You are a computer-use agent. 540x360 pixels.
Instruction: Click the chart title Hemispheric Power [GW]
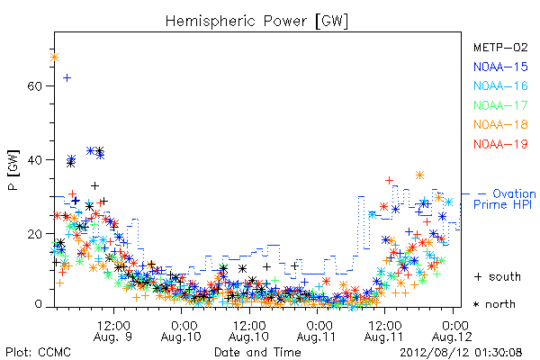pyautogui.click(x=256, y=22)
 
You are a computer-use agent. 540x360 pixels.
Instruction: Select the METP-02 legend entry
pyautogui.click(x=500, y=47)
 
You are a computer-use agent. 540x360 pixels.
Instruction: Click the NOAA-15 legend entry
pyautogui.click(x=500, y=67)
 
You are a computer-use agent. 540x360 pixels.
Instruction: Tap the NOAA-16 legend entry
pyautogui.click(x=500, y=85)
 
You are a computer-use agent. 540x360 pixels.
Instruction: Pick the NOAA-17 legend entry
pyautogui.click(x=500, y=105)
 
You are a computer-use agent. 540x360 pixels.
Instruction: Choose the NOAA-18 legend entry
pyautogui.click(x=500, y=124)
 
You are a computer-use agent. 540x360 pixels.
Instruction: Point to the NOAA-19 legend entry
pyautogui.click(x=500, y=144)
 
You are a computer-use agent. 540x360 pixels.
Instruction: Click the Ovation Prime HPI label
pyautogui.click(x=505, y=199)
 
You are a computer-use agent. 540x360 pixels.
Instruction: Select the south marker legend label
pyautogui.click(x=498, y=276)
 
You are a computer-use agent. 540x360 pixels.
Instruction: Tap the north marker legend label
pyautogui.click(x=494, y=304)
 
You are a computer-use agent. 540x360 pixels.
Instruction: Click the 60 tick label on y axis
pyautogui.click(x=34, y=85)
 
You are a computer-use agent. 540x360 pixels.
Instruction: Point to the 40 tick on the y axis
pyautogui.click(x=34, y=160)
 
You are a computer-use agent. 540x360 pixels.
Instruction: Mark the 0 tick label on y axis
pyautogui.click(x=38, y=304)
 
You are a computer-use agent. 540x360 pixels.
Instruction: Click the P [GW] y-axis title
pyautogui.click(x=13, y=170)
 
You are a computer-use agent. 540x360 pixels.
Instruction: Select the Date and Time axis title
pyautogui.click(x=257, y=352)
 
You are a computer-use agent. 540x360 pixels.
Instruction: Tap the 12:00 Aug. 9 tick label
pyautogui.click(x=113, y=331)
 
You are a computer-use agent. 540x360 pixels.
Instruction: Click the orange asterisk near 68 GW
pyautogui.click(x=54, y=58)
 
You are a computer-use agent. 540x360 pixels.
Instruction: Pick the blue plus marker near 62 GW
pyautogui.click(x=67, y=78)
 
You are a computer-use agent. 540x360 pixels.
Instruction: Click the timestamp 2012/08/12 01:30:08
pyautogui.click(x=461, y=353)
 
